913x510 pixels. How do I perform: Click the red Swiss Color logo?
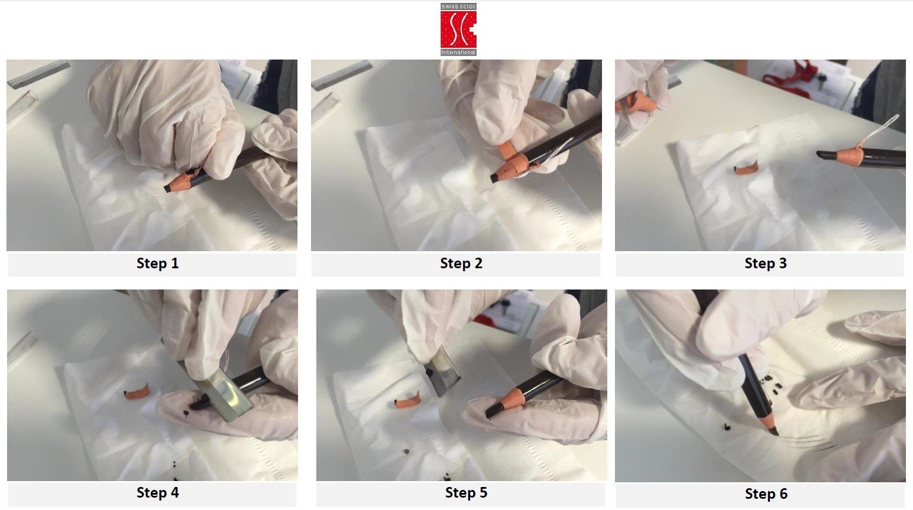click(458, 29)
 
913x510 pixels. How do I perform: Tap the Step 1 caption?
click(157, 263)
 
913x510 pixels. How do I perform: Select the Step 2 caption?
click(461, 263)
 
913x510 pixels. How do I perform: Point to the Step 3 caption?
click(766, 263)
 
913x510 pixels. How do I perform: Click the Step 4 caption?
click(157, 492)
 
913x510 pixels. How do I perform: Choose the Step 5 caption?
click(466, 492)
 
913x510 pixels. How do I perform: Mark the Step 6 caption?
click(766, 493)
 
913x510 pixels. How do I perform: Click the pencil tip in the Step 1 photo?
click(167, 188)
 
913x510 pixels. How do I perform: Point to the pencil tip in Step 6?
click(774, 431)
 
